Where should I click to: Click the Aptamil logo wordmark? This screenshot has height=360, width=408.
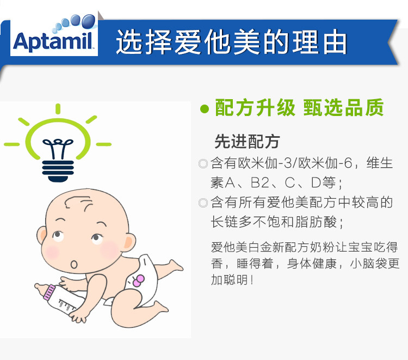[x=53, y=41]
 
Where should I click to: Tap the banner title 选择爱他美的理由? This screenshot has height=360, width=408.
[x=232, y=42]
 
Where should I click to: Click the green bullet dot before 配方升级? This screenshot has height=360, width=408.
[x=205, y=108]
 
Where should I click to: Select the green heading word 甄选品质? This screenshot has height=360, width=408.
[x=343, y=108]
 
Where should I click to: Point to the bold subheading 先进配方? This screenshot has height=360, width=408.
[x=247, y=142]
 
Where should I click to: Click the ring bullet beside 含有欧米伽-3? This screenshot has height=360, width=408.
[x=203, y=163]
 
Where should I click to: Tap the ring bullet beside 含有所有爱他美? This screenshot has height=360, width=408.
[x=203, y=203]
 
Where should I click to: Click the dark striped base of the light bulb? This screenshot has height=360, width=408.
[x=58, y=170]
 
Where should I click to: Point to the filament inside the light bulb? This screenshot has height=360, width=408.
[x=58, y=148]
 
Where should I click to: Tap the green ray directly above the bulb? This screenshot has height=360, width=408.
[x=58, y=109]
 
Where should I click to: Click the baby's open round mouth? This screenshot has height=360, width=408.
[x=74, y=264]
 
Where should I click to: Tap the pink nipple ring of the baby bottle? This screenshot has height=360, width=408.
[x=49, y=292]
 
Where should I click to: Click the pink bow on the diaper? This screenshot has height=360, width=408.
[x=138, y=281]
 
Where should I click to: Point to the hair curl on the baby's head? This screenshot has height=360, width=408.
[x=78, y=203]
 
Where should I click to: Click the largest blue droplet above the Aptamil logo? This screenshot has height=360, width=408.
[x=89, y=21]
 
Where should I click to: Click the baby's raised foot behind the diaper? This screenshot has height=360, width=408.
[x=175, y=265]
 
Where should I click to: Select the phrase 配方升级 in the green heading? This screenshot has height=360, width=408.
[x=255, y=108]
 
